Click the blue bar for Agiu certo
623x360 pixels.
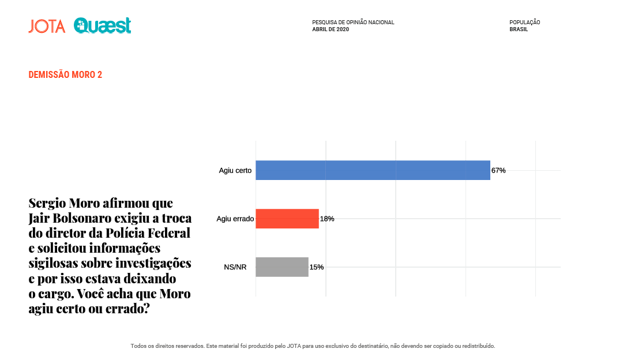(373, 170)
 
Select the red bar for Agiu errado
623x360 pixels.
(287, 219)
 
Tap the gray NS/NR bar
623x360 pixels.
(282, 267)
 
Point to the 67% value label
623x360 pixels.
(498, 170)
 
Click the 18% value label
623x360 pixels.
(327, 219)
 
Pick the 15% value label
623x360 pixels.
(317, 267)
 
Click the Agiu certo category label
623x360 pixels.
(235, 170)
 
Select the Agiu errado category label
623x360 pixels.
(235, 219)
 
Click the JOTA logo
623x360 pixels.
(47, 26)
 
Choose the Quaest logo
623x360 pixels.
(103, 25)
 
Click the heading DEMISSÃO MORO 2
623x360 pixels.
(65, 75)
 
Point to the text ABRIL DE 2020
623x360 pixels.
(331, 29)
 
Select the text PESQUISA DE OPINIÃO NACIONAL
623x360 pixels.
(353, 22)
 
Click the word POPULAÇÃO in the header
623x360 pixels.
(524, 22)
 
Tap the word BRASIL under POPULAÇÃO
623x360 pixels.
(519, 29)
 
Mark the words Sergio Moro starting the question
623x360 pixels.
(65, 204)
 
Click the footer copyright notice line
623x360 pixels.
(313, 346)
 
